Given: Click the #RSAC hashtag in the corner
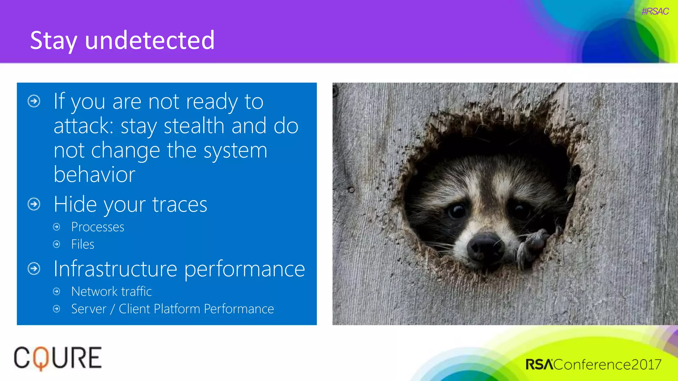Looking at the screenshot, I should pyautogui.click(x=655, y=12).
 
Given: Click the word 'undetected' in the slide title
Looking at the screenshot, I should pyautogui.click(x=150, y=40).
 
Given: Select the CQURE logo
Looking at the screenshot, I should pyautogui.click(x=58, y=358).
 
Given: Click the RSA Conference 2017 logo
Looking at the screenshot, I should pyautogui.click(x=593, y=364).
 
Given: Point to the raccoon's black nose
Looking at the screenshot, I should pyautogui.click(x=486, y=246).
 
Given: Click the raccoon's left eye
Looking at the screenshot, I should pyautogui.click(x=457, y=211).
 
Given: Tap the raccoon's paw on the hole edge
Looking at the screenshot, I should pyautogui.click(x=531, y=246).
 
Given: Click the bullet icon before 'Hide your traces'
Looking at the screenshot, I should pyautogui.click(x=34, y=204).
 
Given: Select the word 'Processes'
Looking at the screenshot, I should pyautogui.click(x=98, y=227).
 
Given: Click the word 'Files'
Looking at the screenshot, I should pyautogui.click(x=83, y=244).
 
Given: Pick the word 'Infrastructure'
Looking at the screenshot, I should pyautogui.click(x=116, y=269).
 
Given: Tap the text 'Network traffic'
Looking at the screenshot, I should pyautogui.click(x=112, y=292).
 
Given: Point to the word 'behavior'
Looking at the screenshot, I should pyautogui.click(x=94, y=174).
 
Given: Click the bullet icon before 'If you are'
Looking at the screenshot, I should pyautogui.click(x=34, y=101).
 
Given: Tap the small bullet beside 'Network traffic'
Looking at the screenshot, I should pyautogui.click(x=57, y=291).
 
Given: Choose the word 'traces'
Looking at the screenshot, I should pyautogui.click(x=180, y=204).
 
